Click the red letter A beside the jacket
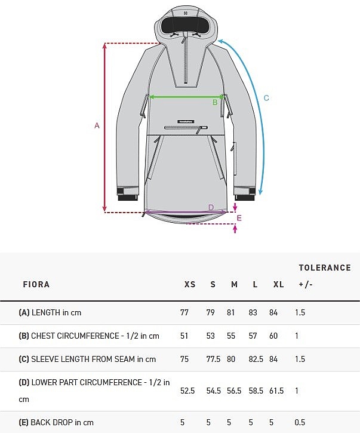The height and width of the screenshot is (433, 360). point(97,125)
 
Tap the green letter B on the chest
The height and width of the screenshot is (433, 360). point(215,103)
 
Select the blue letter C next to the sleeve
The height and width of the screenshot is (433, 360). point(266,98)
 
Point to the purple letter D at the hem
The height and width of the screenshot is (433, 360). point(211,207)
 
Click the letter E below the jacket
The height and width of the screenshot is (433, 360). point(239,218)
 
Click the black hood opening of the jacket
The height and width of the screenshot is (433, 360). point(186,26)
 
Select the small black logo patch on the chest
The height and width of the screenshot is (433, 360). point(186,121)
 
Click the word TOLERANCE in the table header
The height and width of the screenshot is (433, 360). point(325,268)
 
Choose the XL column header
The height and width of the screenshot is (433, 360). point(279,284)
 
